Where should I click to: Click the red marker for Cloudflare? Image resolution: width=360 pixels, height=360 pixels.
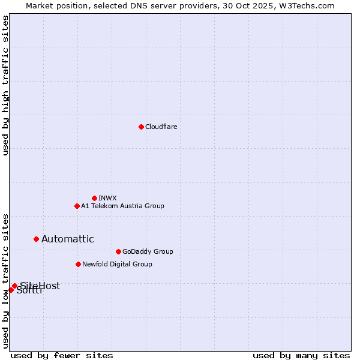click(141, 127)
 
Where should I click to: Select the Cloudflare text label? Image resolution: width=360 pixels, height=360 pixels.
click(161, 127)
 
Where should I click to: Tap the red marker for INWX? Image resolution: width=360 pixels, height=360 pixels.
click(94, 198)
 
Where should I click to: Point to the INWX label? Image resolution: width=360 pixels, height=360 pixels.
click(107, 198)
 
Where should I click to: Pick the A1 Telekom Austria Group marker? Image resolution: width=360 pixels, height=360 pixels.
click(77, 206)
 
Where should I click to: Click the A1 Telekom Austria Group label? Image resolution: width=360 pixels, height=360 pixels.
click(122, 206)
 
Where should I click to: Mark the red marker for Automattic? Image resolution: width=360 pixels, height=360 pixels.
click(36, 239)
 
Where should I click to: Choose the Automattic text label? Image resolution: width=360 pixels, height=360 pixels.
click(67, 239)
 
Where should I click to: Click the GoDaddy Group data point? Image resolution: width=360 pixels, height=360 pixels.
click(118, 251)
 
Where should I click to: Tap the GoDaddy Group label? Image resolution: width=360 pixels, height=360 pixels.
click(147, 251)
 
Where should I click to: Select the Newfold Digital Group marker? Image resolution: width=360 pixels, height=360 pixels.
click(78, 264)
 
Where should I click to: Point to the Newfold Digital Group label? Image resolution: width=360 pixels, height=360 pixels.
click(117, 264)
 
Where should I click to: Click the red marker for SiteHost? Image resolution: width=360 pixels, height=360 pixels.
click(14, 286)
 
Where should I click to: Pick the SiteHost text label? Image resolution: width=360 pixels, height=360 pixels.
click(40, 286)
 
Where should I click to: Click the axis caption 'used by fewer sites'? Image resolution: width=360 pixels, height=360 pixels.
click(62, 355)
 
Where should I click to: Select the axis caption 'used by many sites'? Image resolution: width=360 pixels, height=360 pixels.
click(301, 355)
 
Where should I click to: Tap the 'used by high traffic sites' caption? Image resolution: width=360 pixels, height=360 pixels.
click(5, 85)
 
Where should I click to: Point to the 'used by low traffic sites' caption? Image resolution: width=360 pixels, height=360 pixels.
click(5, 281)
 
